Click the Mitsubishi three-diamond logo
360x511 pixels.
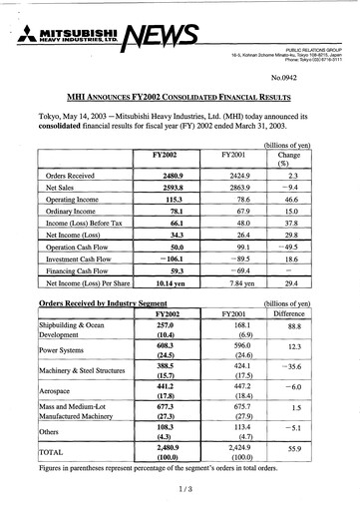(23, 37)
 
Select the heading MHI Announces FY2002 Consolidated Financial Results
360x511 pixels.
(180, 98)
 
